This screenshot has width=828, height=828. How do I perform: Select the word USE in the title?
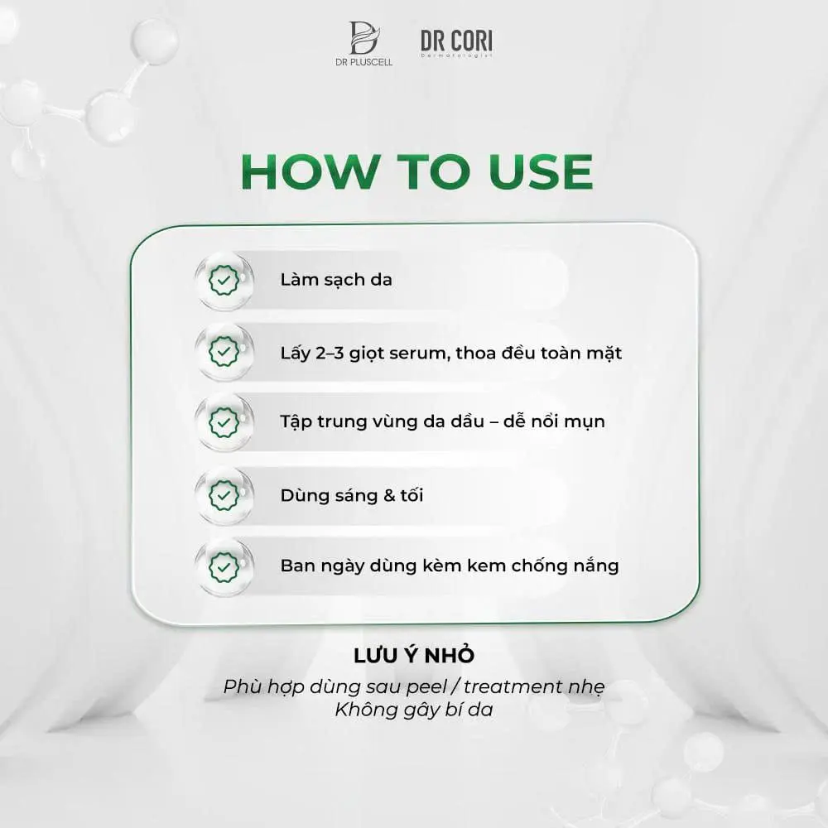(x=541, y=171)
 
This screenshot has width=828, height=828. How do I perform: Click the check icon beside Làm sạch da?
(x=224, y=281)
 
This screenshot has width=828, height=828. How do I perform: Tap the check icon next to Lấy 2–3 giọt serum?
(x=224, y=353)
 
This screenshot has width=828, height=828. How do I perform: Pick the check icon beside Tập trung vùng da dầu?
(x=224, y=421)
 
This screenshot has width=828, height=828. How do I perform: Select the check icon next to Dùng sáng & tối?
(x=224, y=495)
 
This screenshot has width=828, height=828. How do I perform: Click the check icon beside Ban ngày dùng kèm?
(x=224, y=567)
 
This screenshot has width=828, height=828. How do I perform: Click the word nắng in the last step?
(x=595, y=567)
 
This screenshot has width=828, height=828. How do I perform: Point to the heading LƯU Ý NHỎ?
(x=414, y=656)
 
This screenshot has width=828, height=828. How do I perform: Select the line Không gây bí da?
(x=414, y=710)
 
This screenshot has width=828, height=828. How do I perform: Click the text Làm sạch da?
(x=336, y=280)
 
